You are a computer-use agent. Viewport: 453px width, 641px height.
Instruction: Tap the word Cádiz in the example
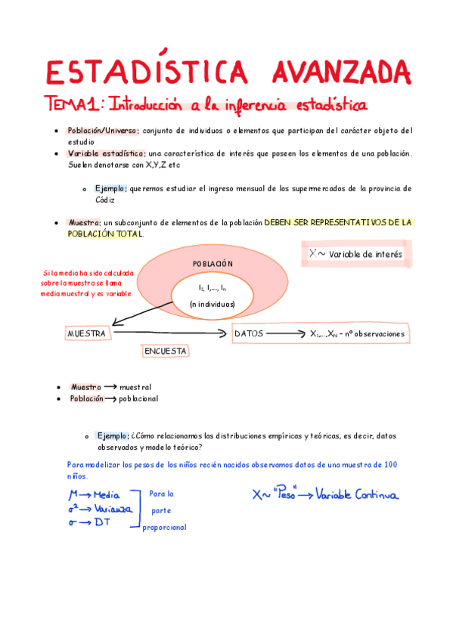[105, 200]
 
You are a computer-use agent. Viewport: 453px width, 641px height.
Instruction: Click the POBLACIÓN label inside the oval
[213, 264]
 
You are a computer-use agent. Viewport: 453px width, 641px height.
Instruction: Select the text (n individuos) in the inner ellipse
[213, 304]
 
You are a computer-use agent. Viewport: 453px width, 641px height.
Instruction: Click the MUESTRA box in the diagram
[87, 333]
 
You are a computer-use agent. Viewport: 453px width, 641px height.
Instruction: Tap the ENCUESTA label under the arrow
[166, 351]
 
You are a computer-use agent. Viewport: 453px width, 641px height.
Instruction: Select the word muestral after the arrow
[135, 386]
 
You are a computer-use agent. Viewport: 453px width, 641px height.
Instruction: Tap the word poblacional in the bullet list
[138, 398]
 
